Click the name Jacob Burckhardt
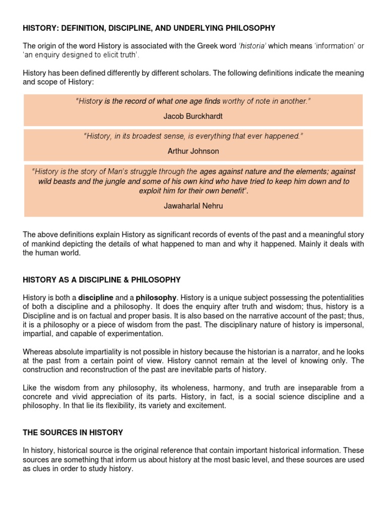coord(193,116)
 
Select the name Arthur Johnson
coord(193,151)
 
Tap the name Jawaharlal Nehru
coord(193,205)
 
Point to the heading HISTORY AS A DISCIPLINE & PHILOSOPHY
coord(102,280)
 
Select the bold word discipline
coord(96,297)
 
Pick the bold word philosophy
coord(156,297)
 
